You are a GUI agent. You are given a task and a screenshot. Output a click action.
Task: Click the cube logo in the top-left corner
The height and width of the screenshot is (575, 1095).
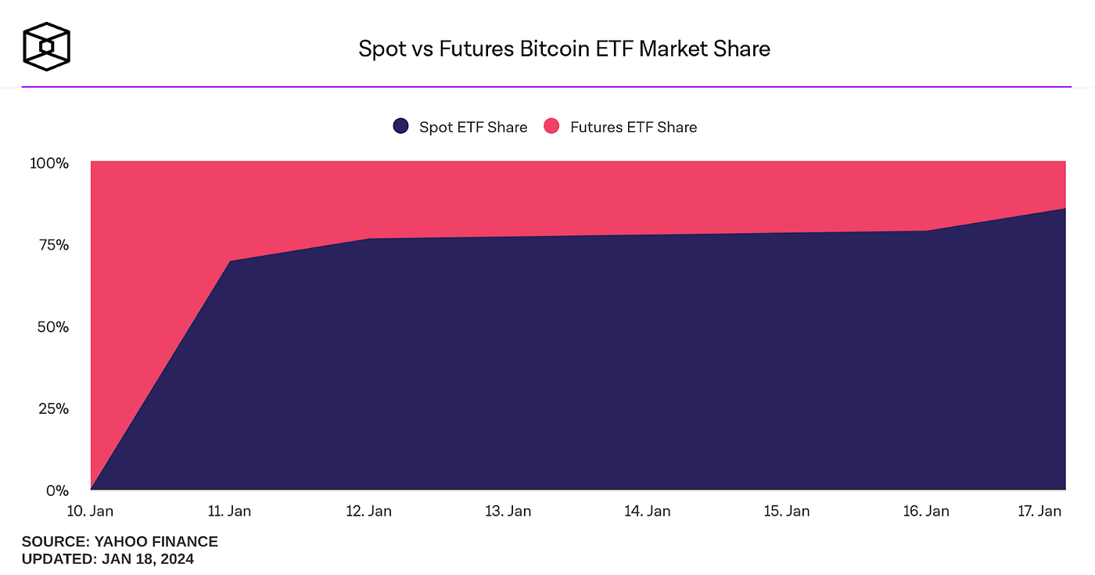coord(46,45)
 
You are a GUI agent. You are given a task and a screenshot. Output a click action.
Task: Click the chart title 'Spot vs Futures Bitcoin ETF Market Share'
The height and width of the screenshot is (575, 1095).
coord(564,49)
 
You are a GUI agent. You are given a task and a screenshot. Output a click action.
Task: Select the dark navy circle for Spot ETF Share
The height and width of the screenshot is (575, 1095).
coord(401,127)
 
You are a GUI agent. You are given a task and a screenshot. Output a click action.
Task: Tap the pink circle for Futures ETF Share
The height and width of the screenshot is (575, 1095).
coord(552,127)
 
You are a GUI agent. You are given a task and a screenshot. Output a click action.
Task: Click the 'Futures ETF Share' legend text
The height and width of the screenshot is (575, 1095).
coord(633,127)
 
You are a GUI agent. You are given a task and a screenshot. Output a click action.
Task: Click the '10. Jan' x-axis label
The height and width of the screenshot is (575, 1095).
coord(91,511)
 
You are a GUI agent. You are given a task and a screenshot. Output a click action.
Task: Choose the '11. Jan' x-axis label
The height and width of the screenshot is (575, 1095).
coord(230,511)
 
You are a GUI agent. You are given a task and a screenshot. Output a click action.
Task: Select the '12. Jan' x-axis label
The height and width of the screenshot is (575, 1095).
coord(369,511)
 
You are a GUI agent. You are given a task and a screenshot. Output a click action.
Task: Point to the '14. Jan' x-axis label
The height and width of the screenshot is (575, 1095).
coord(648,511)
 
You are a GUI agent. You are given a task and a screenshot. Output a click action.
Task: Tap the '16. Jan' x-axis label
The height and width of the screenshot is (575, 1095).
coord(926,511)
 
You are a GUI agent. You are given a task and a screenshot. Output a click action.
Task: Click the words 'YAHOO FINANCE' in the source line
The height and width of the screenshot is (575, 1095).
coord(156,541)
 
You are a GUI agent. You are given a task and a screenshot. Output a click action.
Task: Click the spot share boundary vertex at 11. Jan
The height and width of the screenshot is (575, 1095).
coord(230,261)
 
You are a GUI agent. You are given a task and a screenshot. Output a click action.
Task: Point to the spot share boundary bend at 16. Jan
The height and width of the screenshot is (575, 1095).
coord(926,231)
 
